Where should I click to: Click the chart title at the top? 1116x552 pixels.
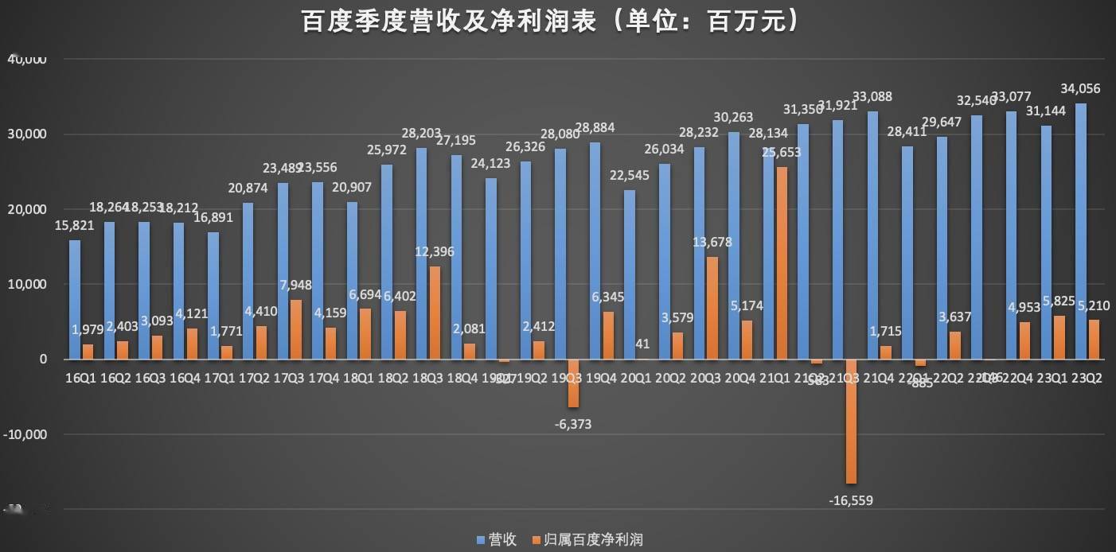click(549, 21)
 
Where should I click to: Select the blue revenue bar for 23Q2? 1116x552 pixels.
click(1080, 231)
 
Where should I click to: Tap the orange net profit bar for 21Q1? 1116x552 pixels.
click(782, 262)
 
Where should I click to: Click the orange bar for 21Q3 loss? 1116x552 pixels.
click(851, 422)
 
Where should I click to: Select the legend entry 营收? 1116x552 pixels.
click(498, 540)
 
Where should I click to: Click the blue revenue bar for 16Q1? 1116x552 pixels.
click(75, 299)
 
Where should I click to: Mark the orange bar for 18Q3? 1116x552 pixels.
click(435, 313)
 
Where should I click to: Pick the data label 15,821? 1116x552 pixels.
click(75, 225)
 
